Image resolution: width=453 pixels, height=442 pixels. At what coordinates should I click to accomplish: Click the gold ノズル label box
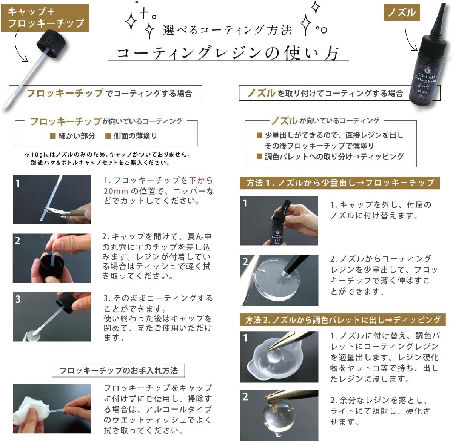click(x=402, y=12)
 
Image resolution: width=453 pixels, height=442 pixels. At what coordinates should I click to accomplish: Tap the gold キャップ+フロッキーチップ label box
click(x=45, y=18)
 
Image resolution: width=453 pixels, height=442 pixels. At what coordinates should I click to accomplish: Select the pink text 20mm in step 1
click(x=116, y=191)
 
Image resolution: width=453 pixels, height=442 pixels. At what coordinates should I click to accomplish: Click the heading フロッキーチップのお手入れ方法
click(x=118, y=370)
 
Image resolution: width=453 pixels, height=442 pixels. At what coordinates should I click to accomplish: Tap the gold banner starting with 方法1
click(x=340, y=183)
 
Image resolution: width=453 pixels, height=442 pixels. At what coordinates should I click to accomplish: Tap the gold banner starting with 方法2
click(x=343, y=320)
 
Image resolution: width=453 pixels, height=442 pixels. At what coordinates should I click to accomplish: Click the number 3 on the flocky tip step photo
click(x=18, y=299)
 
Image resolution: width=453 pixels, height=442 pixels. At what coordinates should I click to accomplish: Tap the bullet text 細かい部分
click(x=77, y=136)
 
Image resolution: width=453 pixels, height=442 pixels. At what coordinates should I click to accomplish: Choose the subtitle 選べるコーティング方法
click(x=227, y=31)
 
